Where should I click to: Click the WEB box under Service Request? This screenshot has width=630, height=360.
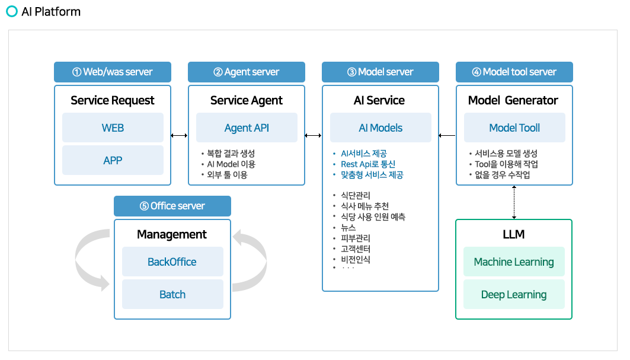click(x=113, y=128)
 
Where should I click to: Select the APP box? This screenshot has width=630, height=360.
click(x=113, y=160)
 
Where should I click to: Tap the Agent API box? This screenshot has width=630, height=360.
click(x=247, y=128)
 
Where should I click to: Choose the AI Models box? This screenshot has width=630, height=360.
click(x=380, y=128)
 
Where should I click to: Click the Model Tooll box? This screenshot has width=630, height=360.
click(x=514, y=128)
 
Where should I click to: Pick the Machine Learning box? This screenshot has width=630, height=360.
click(x=514, y=262)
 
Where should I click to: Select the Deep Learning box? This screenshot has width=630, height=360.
click(x=514, y=294)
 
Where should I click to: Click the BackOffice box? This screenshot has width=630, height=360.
click(x=172, y=262)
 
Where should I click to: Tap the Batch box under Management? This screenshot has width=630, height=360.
click(x=172, y=294)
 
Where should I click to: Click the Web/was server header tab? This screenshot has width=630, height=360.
click(x=113, y=72)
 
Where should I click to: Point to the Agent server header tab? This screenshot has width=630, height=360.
click(x=247, y=72)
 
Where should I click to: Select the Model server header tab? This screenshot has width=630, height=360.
click(x=380, y=72)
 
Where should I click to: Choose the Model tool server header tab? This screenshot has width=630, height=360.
click(x=514, y=72)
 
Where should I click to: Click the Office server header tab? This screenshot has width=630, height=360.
click(x=172, y=206)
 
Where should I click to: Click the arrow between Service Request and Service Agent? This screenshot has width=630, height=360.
click(x=179, y=136)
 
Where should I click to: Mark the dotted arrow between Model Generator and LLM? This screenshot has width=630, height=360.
click(x=514, y=202)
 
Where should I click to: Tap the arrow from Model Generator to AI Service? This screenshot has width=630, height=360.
click(x=447, y=136)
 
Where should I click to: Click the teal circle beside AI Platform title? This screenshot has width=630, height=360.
click(x=12, y=11)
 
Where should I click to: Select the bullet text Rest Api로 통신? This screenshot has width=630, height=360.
click(x=368, y=164)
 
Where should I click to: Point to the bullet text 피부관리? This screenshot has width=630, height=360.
click(x=356, y=238)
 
